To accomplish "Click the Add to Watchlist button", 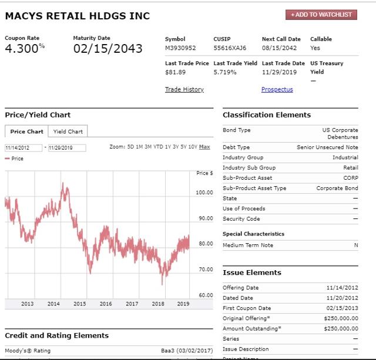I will click(322, 14).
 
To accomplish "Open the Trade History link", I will click(184, 89).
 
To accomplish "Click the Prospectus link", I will click(277, 89).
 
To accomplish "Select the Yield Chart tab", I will click(68, 132).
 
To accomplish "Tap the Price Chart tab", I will click(26, 132).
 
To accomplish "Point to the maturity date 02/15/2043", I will click(108, 49).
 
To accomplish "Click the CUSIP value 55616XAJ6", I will click(230, 48).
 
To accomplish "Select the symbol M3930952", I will click(180, 48).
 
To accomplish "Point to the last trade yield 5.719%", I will click(225, 72).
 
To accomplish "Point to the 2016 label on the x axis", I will click(106, 304).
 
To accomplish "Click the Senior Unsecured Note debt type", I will click(327, 147).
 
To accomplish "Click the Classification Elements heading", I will click(267, 115).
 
